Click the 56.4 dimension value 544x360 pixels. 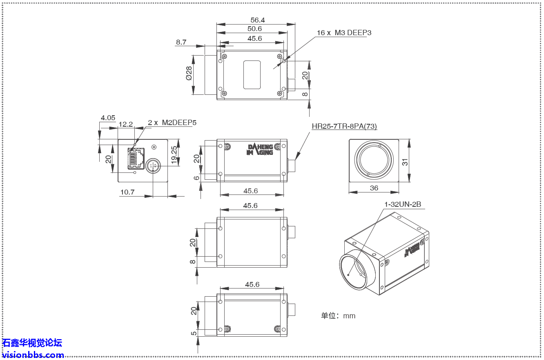tap(257, 20)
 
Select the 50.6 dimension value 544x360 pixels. tap(254, 29)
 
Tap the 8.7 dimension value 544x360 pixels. tap(181, 42)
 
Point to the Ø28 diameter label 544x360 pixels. tap(189, 73)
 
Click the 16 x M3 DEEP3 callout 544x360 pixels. tap(344, 33)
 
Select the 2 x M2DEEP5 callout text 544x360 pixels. tap(172, 123)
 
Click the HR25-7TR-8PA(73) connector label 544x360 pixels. tap(344, 127)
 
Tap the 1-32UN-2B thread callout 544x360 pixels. tap(402, 204)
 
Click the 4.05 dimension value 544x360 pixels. tap(108, 118)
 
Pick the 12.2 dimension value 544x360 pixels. tap(125, 124)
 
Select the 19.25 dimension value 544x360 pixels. tap(174, 155)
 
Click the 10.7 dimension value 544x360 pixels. tap(127, 192)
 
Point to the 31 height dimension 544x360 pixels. tap(405, 161)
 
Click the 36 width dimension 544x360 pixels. tap(374, 188)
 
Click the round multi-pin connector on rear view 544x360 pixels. tap(153, 165)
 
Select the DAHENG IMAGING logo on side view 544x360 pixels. tap(260, 150)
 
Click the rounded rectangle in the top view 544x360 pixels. tap(252, 75)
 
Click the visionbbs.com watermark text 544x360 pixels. tap(33, 355)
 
